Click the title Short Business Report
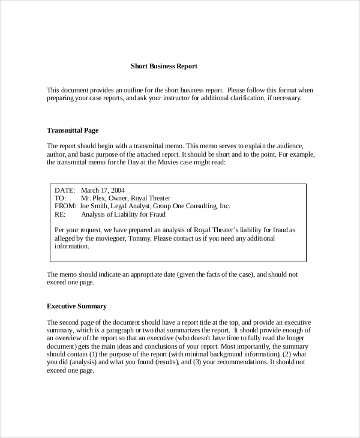click(164, 67)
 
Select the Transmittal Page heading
click(73, 130)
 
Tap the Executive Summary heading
click(77, 307)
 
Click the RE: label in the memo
click(59, 214)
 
